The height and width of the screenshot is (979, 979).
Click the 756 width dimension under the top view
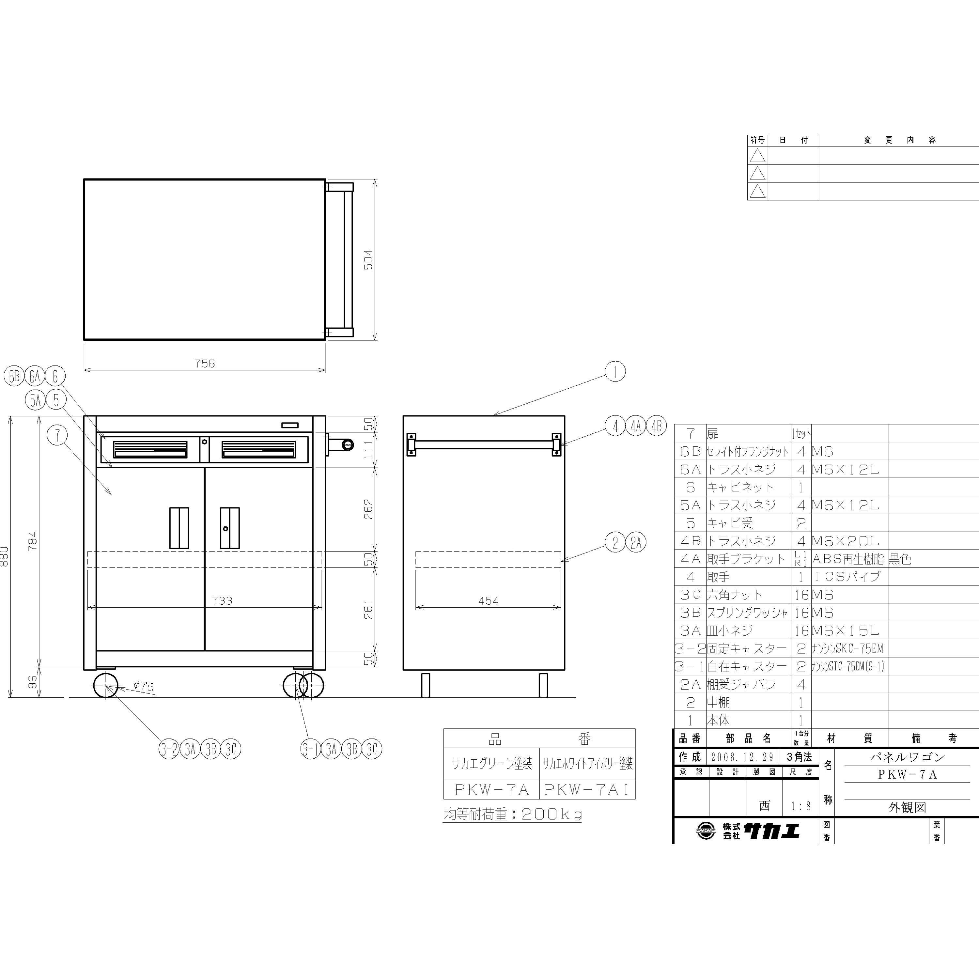click(x=205, y=363)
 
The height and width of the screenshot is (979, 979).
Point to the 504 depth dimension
click(x=368, y=259)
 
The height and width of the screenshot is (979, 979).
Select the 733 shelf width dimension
click(x=222, y=600)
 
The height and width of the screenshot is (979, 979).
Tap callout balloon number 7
click(x=58, y=435)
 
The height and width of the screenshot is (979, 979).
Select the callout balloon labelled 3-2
click(x=169, y=749)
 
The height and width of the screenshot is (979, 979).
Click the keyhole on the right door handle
click(x=225, y=529)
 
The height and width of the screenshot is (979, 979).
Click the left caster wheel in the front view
click(x=105, y=686)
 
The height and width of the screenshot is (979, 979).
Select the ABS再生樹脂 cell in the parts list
click(x=848, y=559)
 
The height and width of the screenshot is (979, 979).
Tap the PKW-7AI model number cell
click(x=587, y=789)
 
